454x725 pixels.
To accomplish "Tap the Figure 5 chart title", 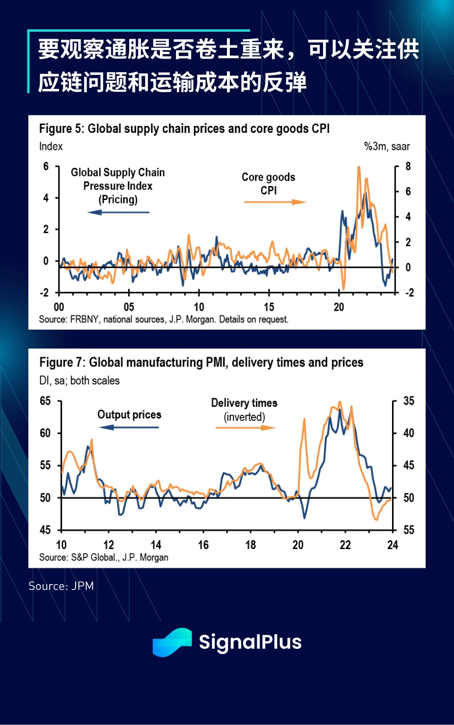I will [184, 129].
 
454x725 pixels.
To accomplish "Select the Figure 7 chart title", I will [201, 362].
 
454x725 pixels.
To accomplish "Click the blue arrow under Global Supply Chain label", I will [118, 212].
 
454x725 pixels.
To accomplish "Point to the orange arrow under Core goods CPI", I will [275, 202].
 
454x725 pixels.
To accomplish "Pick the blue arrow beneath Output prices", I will [129, 428].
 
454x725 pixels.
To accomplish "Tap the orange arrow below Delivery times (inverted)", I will [245, 428].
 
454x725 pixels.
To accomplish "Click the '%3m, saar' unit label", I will [386, 147].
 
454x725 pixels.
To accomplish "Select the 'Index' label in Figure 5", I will [51, 147].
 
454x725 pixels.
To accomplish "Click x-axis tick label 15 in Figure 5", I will [269, 307].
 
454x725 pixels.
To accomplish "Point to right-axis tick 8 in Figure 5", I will [408, 166].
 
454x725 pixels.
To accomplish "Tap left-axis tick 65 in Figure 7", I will [45, 401].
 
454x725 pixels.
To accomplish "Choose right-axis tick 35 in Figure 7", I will [409, 401].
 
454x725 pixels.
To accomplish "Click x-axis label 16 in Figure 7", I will [203, 545].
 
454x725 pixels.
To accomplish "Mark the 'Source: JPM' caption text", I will [61, 586].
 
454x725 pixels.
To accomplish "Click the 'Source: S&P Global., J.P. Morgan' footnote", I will [104, 558].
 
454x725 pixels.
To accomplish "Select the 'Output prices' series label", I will [129, 415].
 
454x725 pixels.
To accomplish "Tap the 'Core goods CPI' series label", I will [268, 183].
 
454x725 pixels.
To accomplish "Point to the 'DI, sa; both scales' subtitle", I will [79, 381].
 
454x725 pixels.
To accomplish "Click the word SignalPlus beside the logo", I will [250, 642].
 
